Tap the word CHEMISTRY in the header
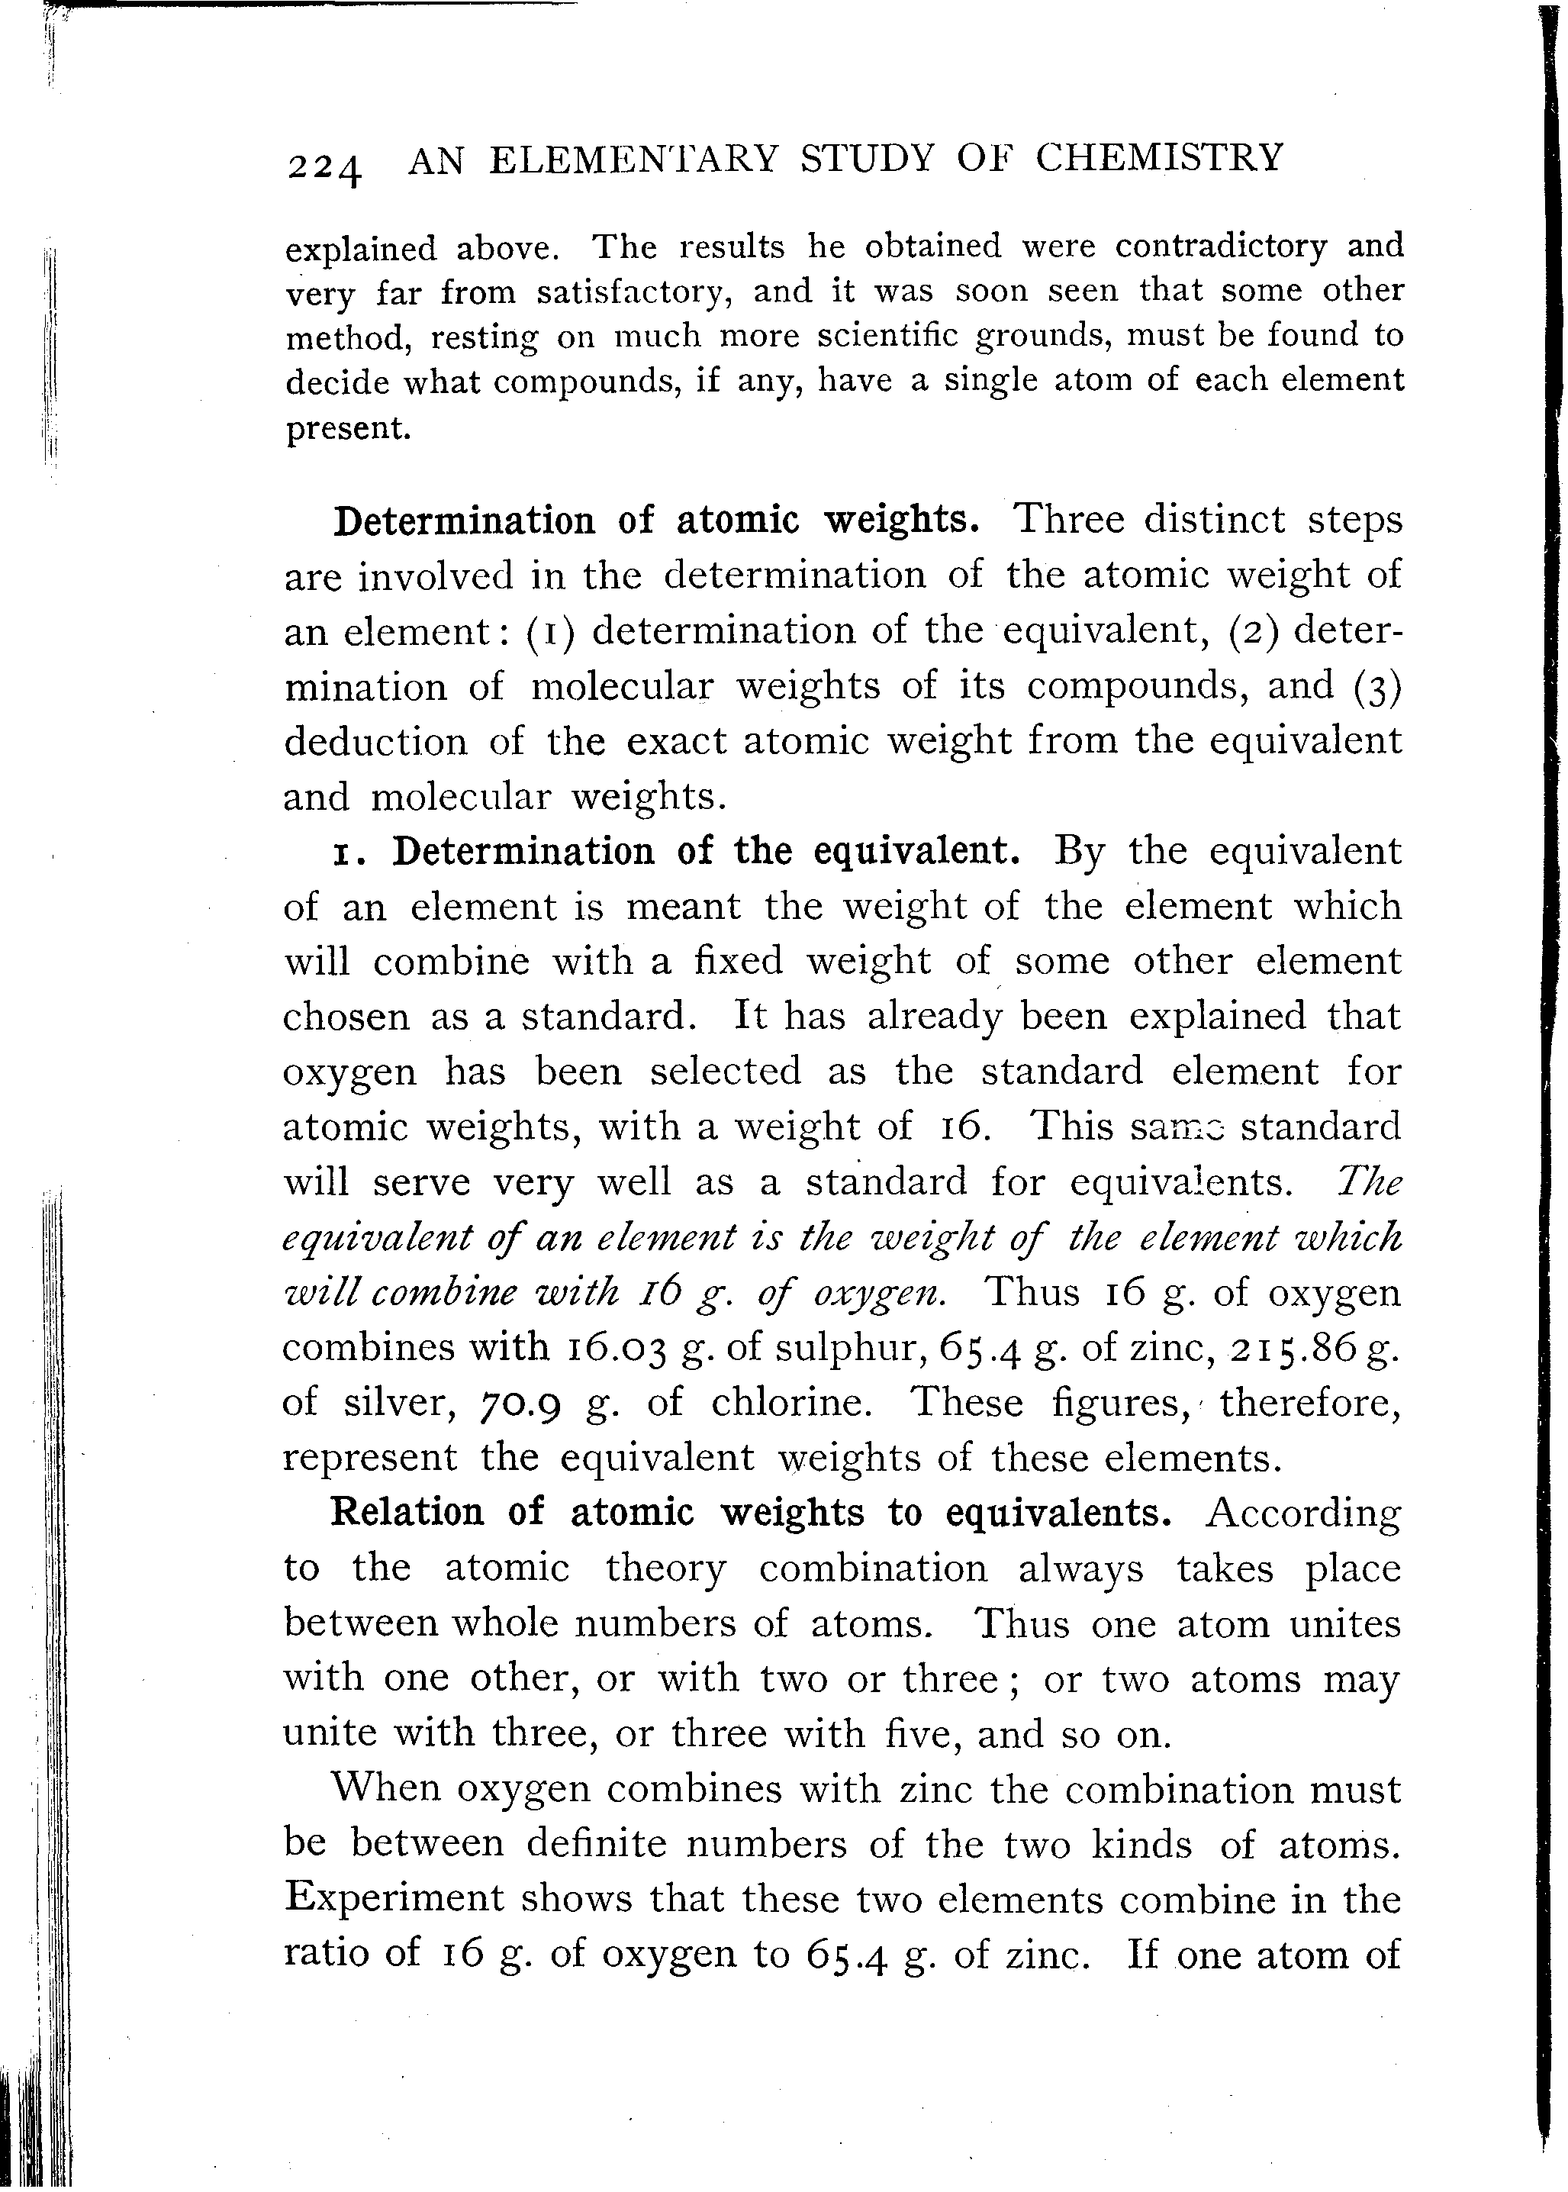tap(1158, 156)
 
